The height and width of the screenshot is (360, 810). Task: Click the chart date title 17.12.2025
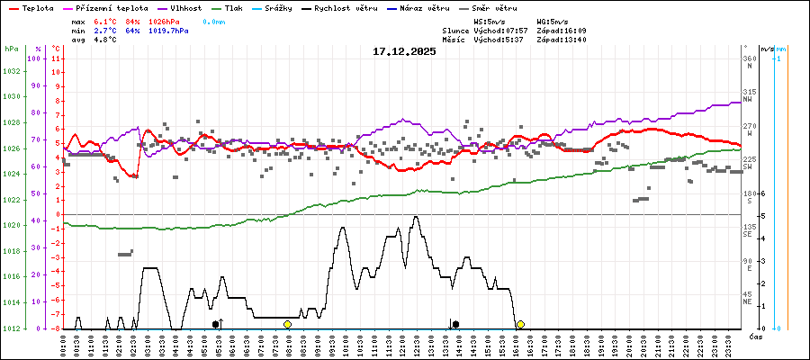tap(404, 51)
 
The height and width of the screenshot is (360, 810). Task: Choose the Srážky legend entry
tap(275, 7)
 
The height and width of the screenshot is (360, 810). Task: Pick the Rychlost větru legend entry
tap(346, 7)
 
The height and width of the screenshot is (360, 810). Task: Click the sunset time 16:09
tap(571, 30)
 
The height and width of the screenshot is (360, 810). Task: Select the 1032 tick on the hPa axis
tap(12, 70)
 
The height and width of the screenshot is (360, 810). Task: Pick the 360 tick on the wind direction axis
tap(750, 58)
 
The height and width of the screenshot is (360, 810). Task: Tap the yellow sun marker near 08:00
tap(287, 324)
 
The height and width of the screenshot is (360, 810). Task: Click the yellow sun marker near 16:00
tap(520, 324)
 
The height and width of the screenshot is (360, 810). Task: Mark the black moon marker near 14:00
tap(456, 324)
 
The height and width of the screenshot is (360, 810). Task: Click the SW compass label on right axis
tap(748, 166)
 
